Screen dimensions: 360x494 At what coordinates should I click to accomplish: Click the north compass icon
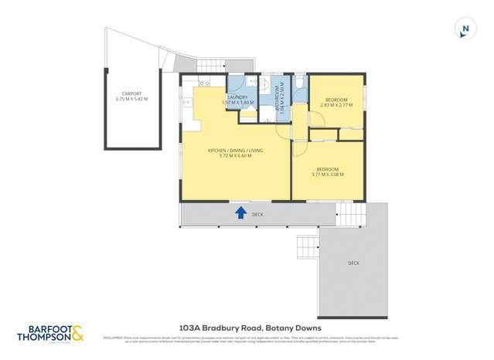click(465, 29)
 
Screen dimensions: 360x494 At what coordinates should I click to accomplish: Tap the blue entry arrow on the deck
click(240, 212)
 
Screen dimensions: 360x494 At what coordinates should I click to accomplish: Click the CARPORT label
click(132, 93)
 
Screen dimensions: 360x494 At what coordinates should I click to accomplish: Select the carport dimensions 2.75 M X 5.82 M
click(132, 99)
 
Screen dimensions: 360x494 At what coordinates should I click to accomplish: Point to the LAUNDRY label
click(237, 97)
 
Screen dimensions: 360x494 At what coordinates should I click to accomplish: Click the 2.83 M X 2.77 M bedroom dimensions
click(336, 105)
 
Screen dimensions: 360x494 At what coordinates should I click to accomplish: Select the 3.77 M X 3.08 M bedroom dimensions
click(327, 175)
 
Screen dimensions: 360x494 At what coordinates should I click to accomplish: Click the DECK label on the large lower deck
click(353, 263)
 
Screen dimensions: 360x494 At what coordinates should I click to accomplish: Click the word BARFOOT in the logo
click(42, 328)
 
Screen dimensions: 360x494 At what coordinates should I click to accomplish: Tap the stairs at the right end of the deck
click(350, 214)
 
